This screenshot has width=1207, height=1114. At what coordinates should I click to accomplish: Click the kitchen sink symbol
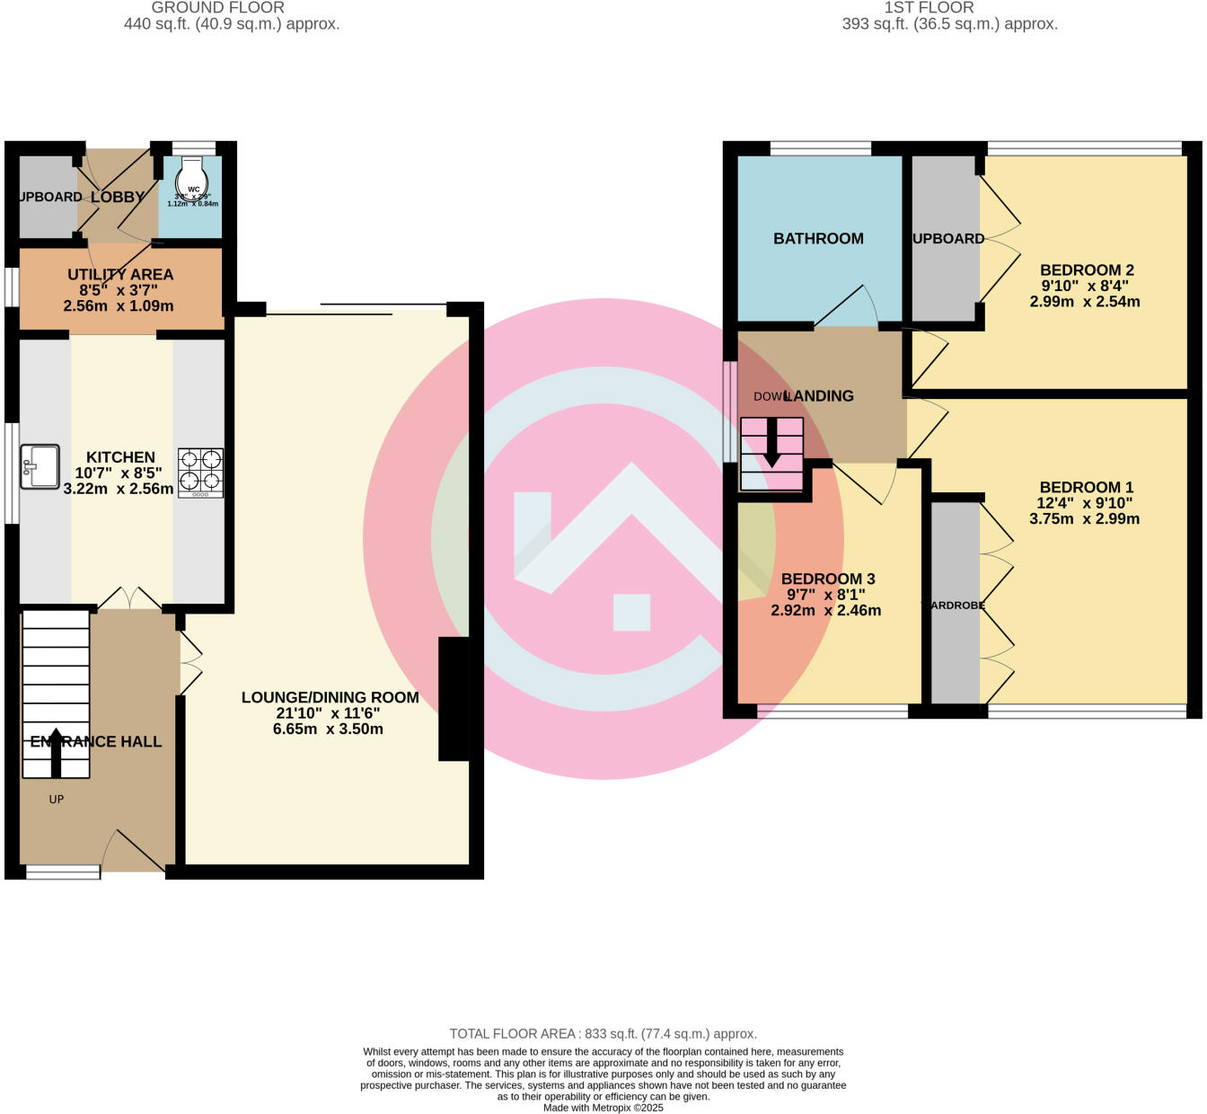(40, 466)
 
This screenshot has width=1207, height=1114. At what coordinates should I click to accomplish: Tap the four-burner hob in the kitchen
(200, 473)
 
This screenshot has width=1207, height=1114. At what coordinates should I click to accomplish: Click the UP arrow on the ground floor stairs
(56, 753)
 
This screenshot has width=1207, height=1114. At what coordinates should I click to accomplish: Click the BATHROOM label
(818, 239)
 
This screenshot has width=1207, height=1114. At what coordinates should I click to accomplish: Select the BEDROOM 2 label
(1086, 270)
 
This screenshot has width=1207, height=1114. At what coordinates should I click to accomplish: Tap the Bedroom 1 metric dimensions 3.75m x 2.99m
(1084, 519)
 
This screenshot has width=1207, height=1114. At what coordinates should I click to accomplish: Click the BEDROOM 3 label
(827, 579)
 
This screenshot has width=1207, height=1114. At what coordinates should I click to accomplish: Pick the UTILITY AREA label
(120, 275)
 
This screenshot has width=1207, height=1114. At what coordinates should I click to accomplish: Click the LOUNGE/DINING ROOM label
(330, 697)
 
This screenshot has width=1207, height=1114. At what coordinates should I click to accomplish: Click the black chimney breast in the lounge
(454, 699)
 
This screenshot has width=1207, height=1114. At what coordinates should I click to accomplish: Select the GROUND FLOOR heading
(217, 8)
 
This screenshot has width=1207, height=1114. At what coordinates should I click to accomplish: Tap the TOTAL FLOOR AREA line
(603, 1034)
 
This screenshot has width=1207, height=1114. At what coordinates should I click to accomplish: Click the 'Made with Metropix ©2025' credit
(603, 1108)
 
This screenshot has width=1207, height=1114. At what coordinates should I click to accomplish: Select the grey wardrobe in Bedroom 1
(955, 602)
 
